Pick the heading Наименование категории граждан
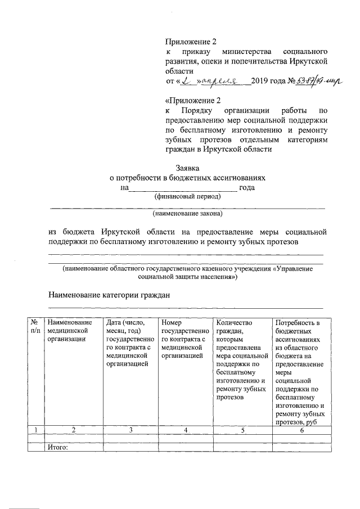point(109,295)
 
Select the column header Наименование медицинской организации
point(70,330)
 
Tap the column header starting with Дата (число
point(129,343)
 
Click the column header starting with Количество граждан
point(242,360)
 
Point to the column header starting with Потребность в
point(301,371)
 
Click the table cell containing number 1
point(36,430)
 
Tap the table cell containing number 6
point(301,430)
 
